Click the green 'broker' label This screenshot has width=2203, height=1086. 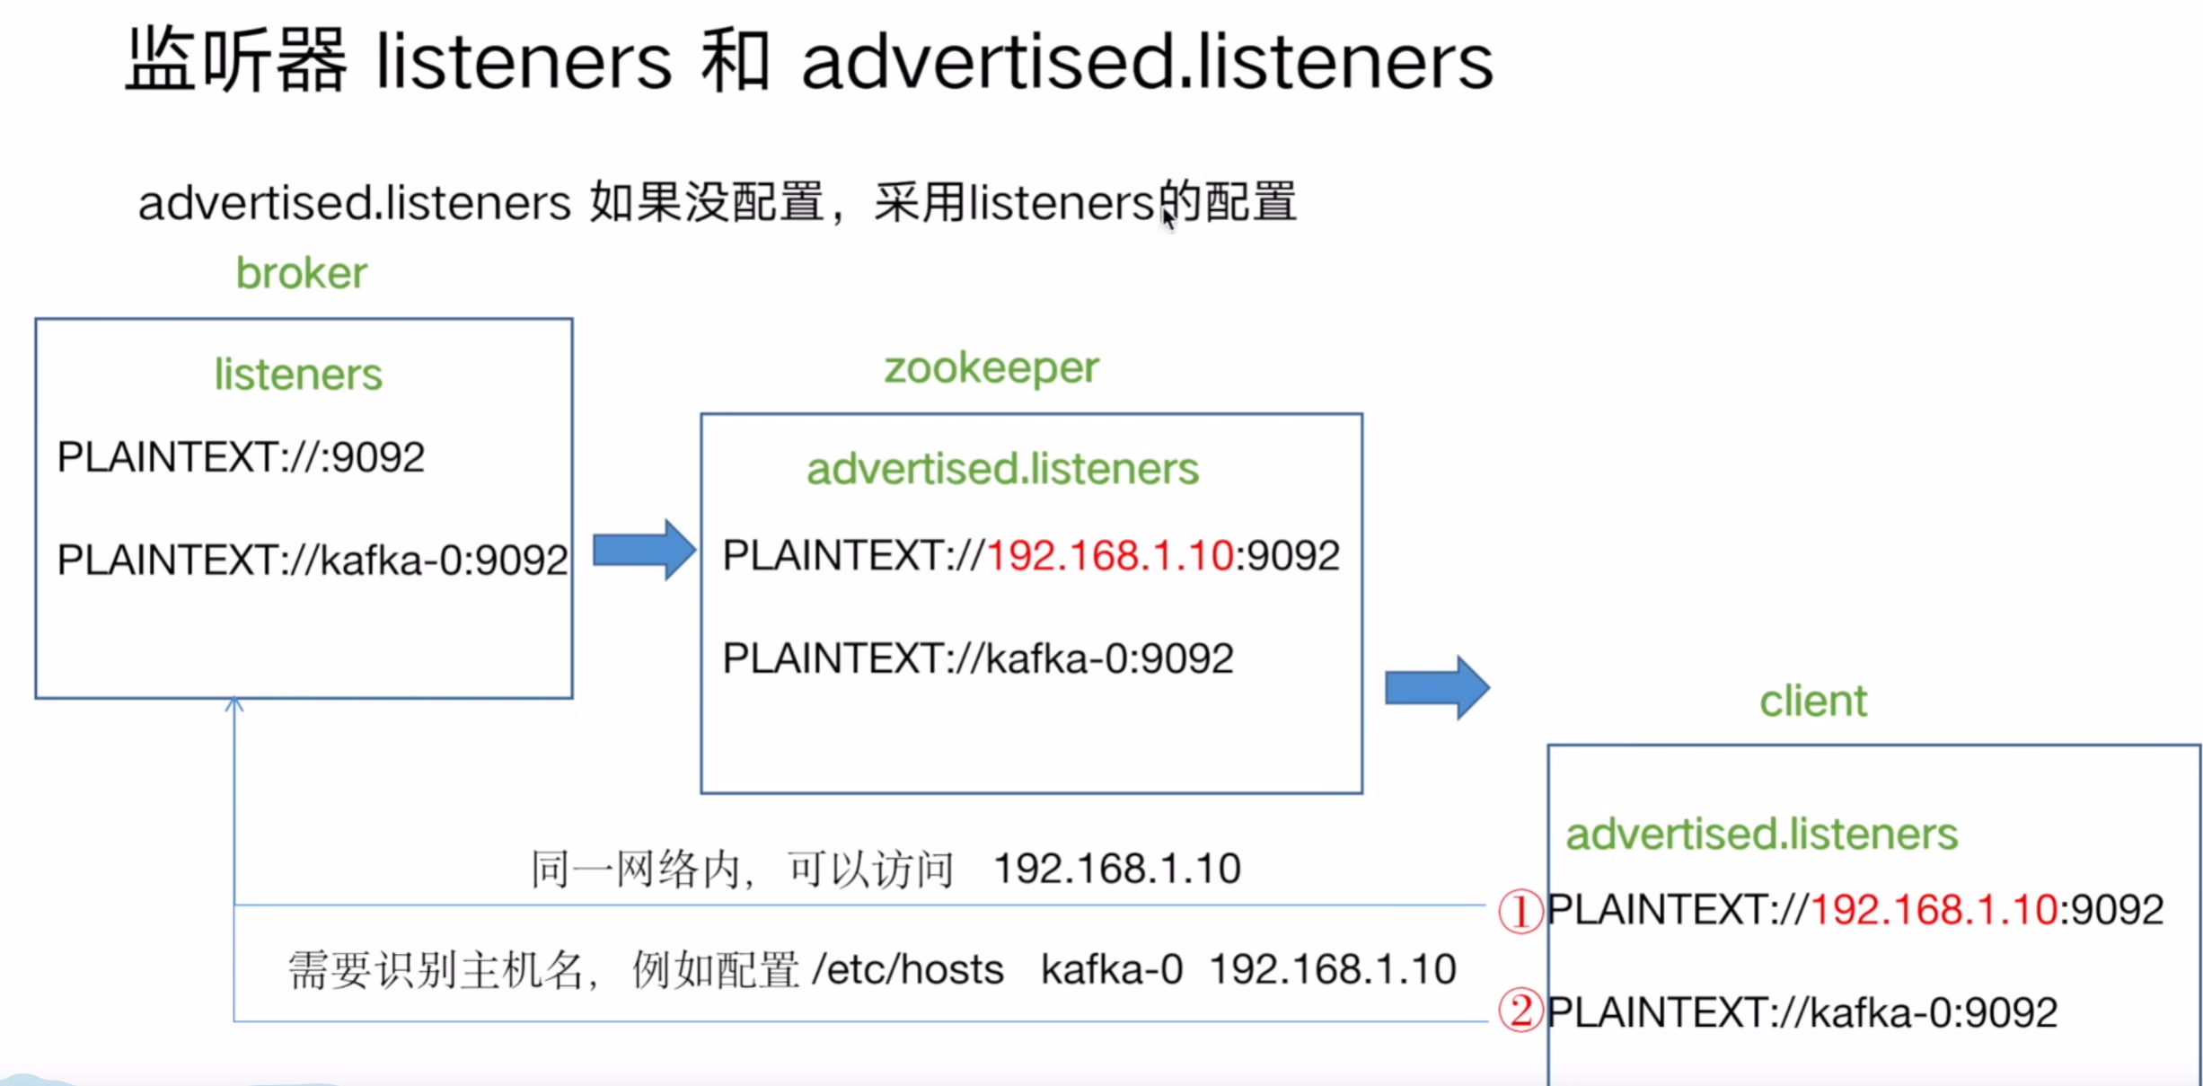pos(302,273)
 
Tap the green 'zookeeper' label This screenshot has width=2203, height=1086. pos(991,368)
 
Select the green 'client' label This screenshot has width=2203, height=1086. pos(1812,702)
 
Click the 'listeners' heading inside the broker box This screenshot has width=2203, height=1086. pos(298,375)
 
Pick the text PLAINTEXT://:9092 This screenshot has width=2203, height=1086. pos(241,457)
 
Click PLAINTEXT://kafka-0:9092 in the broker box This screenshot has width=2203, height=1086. pos(312,561)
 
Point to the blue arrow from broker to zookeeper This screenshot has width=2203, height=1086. pos(644,550)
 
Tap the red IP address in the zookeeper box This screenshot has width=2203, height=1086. pos(1110,555)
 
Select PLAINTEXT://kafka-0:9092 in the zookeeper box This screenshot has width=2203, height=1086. pos(978,658)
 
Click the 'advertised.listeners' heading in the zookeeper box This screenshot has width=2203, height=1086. pos(1002,469)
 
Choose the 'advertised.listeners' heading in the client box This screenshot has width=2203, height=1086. pos(1761,834)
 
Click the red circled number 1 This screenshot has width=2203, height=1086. pos(1520,911)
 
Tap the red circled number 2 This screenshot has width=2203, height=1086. pos(1520,1011)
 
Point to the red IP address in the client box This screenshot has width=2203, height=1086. pos(1934,910)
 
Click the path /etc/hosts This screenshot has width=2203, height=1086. pos(907,970)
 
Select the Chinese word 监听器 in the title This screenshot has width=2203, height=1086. pos(235,61)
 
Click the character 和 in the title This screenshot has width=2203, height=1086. pos(735,61)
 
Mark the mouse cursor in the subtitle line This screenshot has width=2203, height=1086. pos(1168,218)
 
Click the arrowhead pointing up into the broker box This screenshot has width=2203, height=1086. pos(234,704)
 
